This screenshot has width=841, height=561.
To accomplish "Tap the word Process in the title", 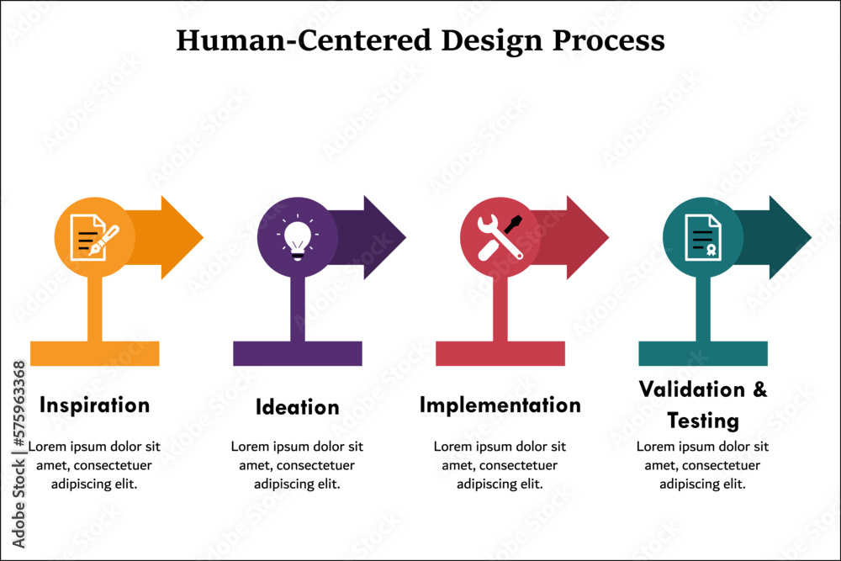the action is click(x=609, y=41).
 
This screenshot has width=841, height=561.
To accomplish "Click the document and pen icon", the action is click(x=94, y=237).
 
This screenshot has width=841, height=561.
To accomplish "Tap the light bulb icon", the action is click(x=298, y=237).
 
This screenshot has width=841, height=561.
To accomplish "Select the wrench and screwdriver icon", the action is click(x=500, y=237).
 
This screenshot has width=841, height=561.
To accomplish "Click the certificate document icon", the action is click(x=702, y=237).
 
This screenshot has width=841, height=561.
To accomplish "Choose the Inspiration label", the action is click(x=94, y=405).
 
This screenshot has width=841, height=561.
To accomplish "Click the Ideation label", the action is click(x=297, y=407).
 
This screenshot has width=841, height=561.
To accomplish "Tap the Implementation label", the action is click(x=500, y=405).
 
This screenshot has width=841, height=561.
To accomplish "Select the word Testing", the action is click(x=702, y=421).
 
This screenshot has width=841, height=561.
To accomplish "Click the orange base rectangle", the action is click(x=95, y=353).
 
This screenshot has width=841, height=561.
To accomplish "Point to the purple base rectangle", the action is click(x=298, y=353).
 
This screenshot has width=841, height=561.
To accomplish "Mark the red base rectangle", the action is click(x=500, y=353).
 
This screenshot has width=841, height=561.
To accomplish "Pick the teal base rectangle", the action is click(x=703, y=353).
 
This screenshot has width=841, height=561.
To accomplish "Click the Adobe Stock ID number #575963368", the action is click(x=19, y=404).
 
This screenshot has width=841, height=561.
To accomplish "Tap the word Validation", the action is click(x=692, y=389).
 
